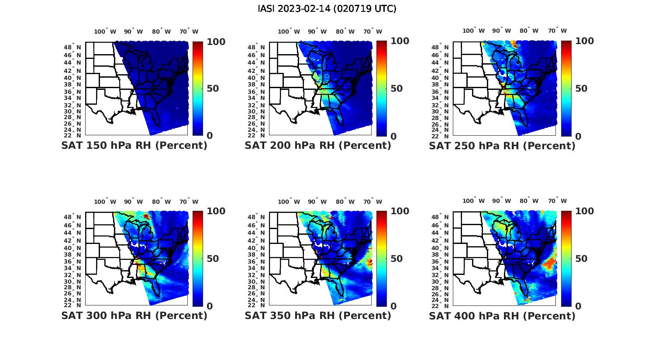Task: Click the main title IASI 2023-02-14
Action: (327, 9)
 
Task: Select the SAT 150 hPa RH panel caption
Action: (134, 146)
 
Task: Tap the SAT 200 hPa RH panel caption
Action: (318, 146)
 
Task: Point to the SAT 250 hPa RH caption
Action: (502, 146)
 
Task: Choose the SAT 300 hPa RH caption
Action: (134, 315)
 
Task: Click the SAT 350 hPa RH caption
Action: (318, 315)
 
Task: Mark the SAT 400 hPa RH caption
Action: (502, 315)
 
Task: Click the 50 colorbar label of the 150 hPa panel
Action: (213, 89)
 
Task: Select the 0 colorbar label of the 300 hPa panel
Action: (210, 306)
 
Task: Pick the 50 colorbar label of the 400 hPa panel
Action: (581, 259)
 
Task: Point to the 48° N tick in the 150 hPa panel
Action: (76, 47)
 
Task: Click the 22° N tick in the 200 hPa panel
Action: (260, 135)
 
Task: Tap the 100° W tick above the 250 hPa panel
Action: (474, 31)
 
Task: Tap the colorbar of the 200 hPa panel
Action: (381, 89)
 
